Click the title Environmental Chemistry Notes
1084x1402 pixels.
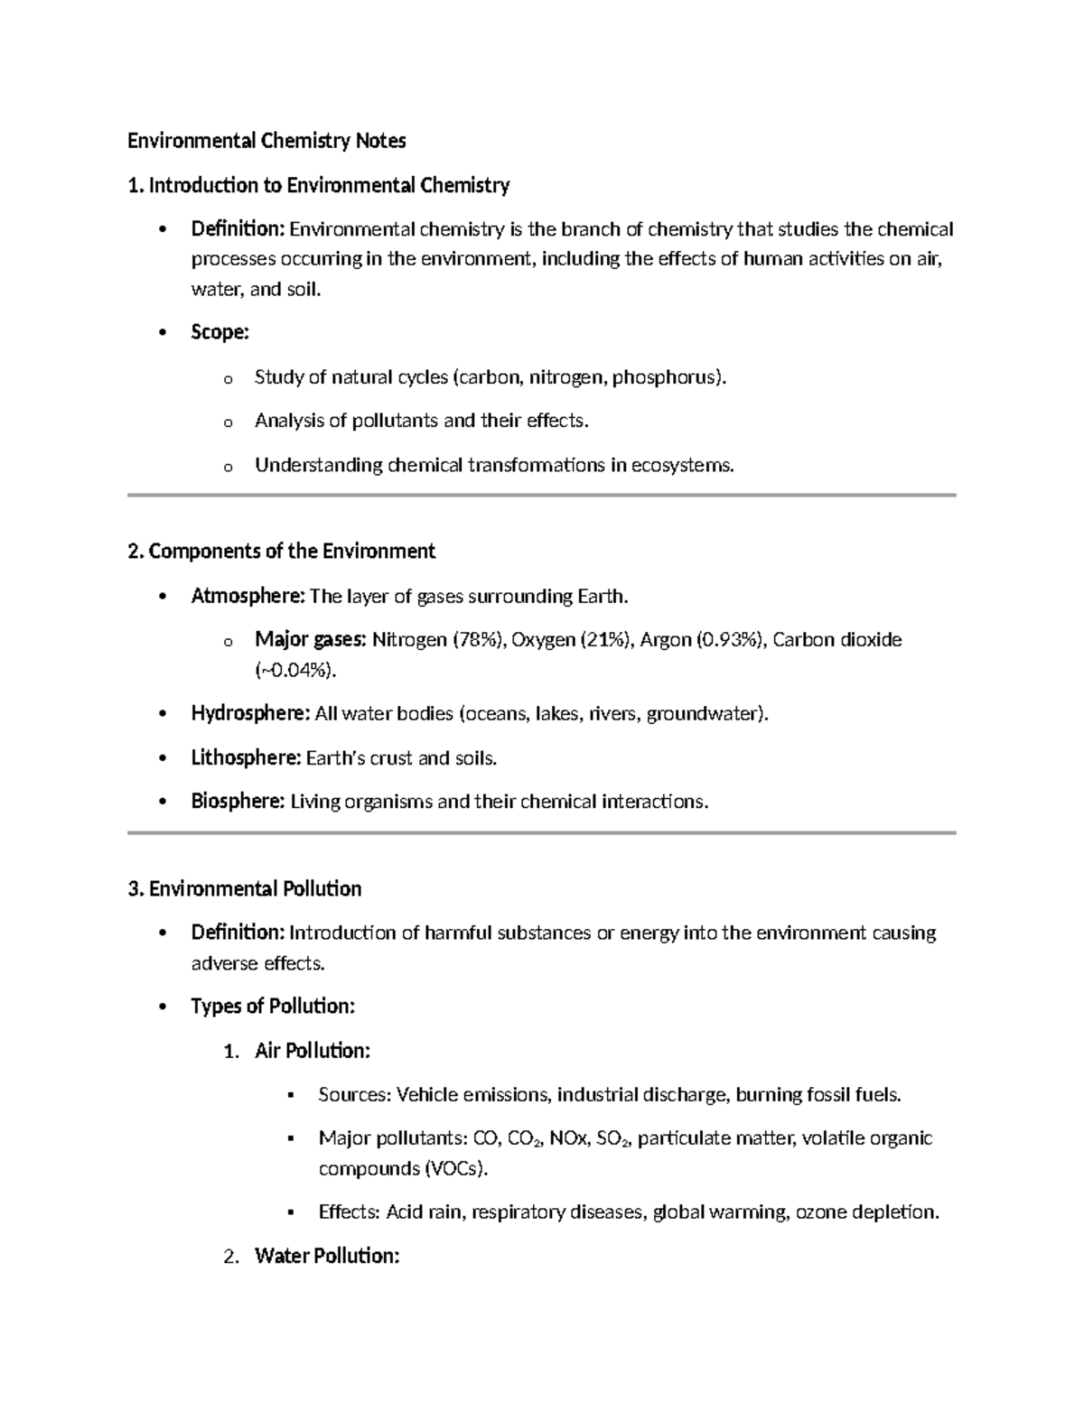(x=266, y=141)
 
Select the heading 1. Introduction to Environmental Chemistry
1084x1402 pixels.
(x=319, y=186)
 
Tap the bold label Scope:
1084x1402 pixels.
(x=220, y=332)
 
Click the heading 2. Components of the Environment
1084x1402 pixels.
(x=282, y=552)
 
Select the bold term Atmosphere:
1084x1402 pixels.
(x=248, y=597)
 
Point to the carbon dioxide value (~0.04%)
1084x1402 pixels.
(x=296, y=671)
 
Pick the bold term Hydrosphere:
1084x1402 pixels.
(x=250, y=714)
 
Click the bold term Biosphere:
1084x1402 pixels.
(x=238, y=802)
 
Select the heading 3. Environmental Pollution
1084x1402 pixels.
(x=245, y=889)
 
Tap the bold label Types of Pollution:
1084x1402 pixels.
(x=273, y=1007)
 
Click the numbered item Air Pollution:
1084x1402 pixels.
(x=313, y=1051)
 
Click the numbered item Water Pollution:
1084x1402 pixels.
(x=327, y=1257)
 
